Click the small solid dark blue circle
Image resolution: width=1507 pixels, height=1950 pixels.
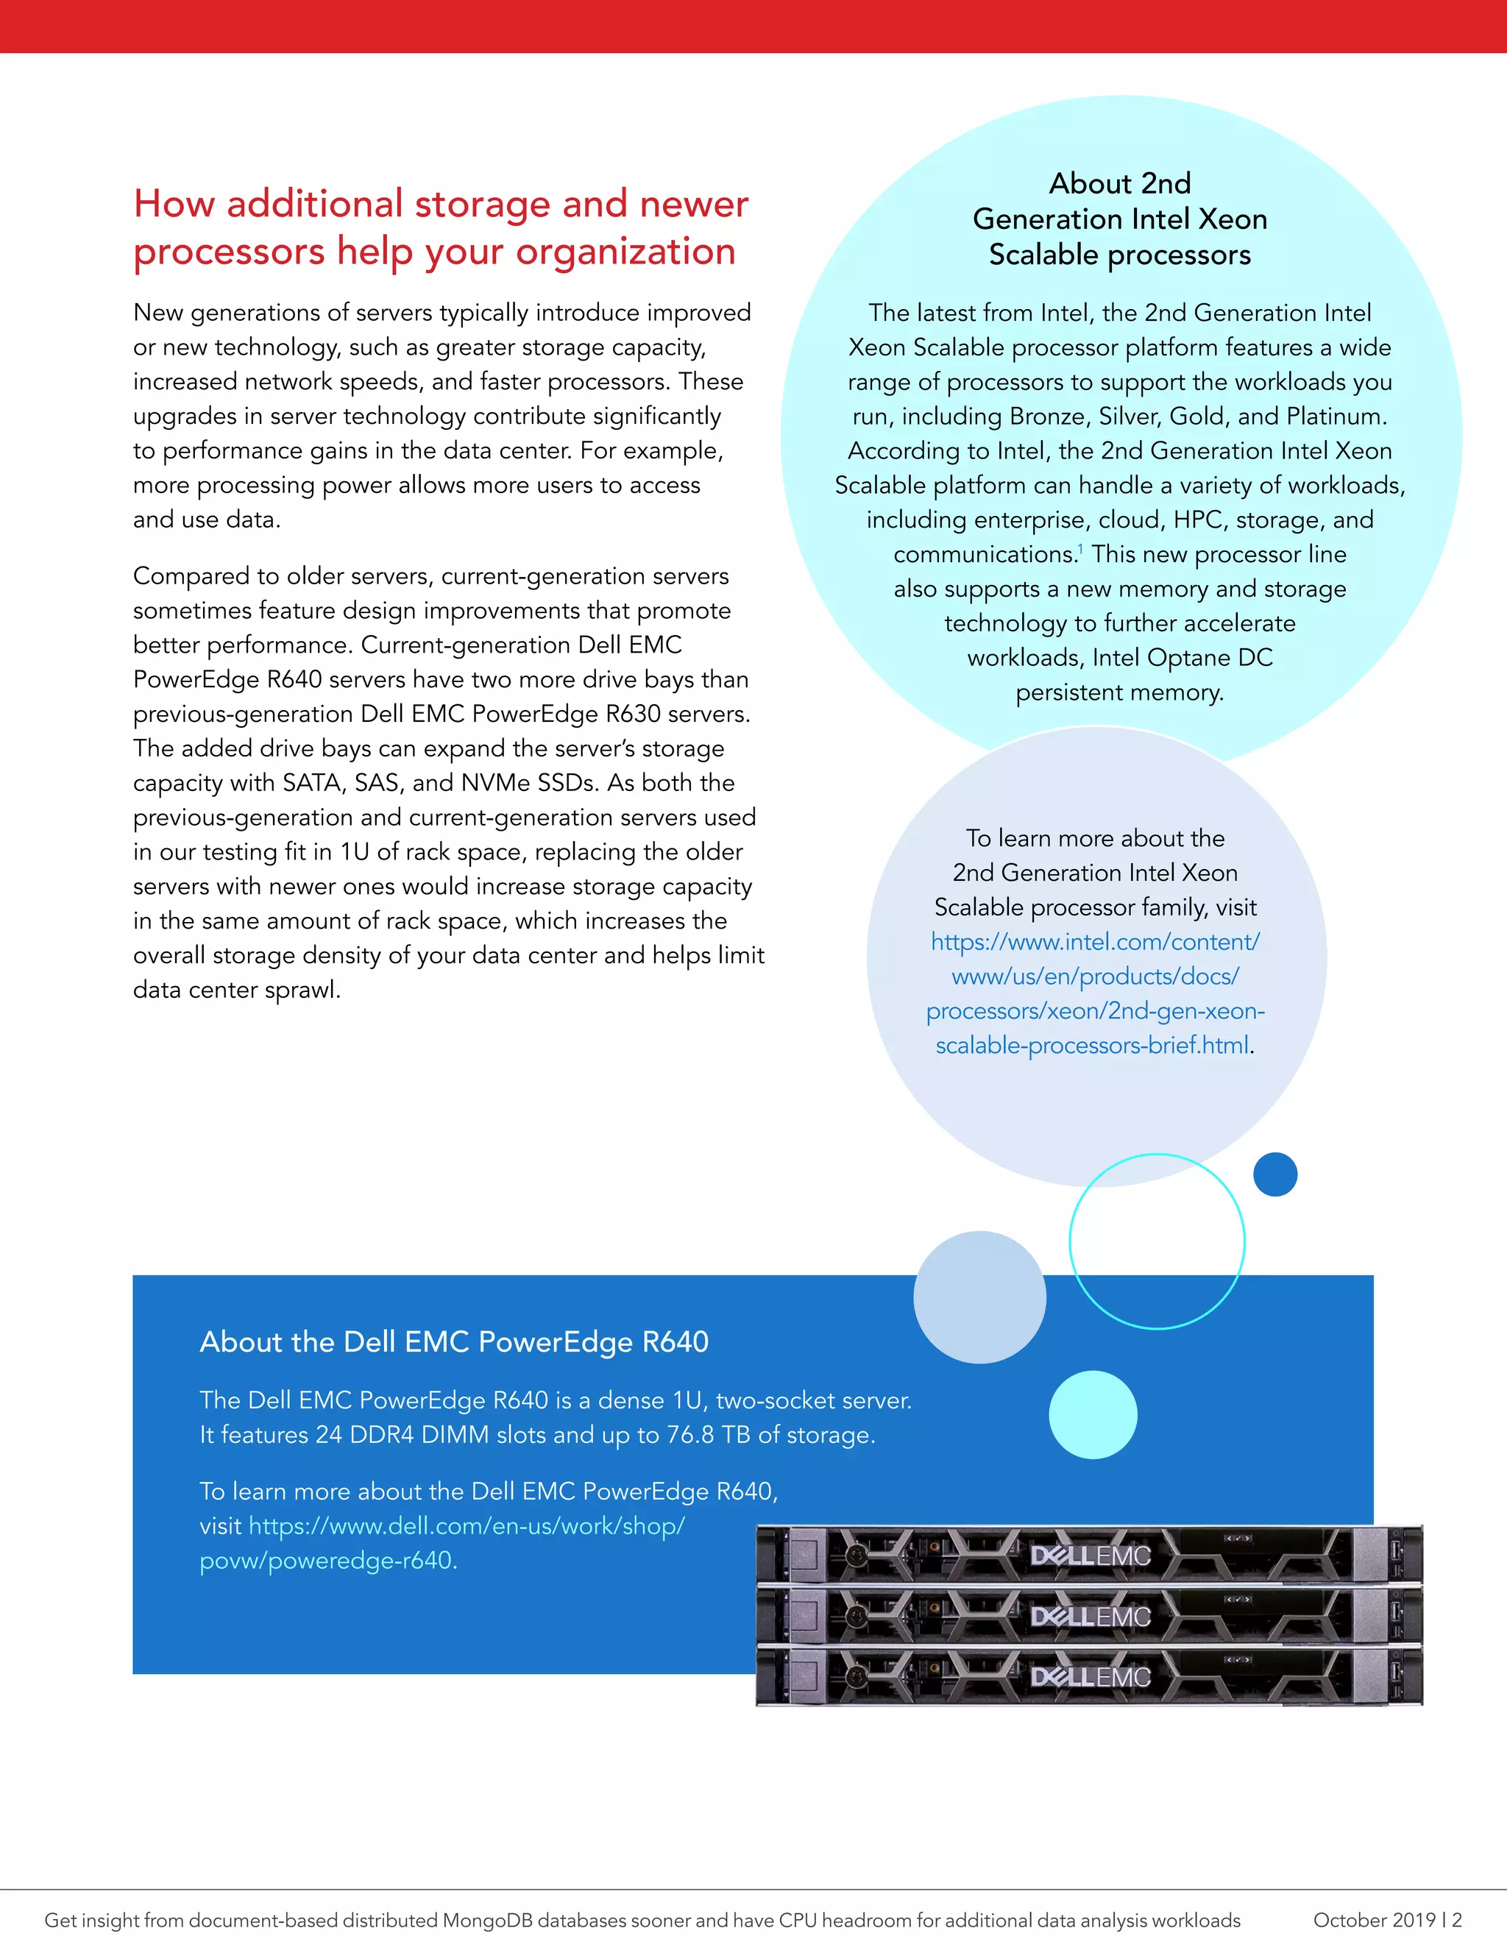point(1275,1174)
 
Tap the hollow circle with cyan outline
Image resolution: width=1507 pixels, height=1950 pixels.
point(1157,1241)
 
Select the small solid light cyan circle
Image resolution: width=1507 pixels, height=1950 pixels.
point(1093,1414)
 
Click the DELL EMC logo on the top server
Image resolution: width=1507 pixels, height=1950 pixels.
point(1090,1556)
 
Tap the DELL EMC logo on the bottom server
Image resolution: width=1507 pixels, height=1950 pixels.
point(1090,1677)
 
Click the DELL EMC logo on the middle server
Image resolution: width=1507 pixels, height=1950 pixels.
point(1090,1617)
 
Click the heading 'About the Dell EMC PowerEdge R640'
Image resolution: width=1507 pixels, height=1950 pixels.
point(453,1342)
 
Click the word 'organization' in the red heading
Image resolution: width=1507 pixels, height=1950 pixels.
point(625,252)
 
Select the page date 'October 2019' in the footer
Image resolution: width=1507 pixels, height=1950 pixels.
point(1373,1920)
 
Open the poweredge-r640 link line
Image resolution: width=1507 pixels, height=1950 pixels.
point(327,1561)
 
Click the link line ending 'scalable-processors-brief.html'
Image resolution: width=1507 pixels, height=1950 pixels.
point(1092,1046)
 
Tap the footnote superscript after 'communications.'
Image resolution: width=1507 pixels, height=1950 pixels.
point(1080,548)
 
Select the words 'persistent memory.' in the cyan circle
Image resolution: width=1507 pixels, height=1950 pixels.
point(1119,693)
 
